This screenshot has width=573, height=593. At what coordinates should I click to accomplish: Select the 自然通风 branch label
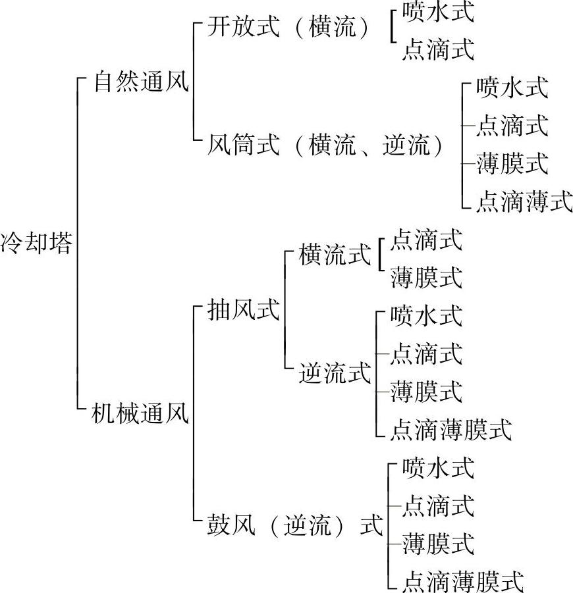click(142, 84)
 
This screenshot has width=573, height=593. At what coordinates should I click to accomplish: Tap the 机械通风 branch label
click(142, 414)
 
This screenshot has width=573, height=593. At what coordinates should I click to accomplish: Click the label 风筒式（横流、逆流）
click(327, 143)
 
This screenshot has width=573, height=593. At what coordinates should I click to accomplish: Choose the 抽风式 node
click(243, 309)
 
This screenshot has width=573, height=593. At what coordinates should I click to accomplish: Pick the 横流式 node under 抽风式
click(335, 255)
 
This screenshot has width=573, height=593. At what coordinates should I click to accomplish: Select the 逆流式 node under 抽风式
click(335, 374)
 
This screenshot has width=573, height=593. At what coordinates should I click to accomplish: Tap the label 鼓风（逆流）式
click(294, 527)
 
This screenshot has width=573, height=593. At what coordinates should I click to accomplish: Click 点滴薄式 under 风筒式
click(524, 201)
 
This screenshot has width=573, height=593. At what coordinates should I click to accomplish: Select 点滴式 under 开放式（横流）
click(438, 50)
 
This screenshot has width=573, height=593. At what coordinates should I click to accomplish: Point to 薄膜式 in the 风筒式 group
click(512, 163)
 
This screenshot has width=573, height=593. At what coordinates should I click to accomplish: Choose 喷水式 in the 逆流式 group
click(426, 315)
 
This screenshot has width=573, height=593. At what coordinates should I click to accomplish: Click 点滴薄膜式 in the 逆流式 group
click(450, 430)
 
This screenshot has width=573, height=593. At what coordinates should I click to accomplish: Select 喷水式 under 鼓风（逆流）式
click(438, 469)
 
